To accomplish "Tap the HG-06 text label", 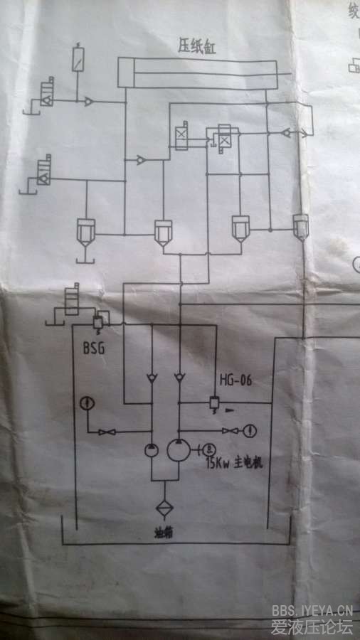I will tap(235, 380).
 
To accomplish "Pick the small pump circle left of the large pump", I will tap(152, 450).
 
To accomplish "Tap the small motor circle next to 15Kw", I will tap(211, 449).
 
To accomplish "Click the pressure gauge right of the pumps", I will tap(250, 430).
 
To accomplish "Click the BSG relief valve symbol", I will tap(97, 323).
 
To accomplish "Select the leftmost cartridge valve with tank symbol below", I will tap(86, 232).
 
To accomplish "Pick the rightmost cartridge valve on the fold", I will tap(301, 226).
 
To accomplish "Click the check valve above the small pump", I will tap(152, 376).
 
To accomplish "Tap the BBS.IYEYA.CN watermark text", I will tap(312, 609).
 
